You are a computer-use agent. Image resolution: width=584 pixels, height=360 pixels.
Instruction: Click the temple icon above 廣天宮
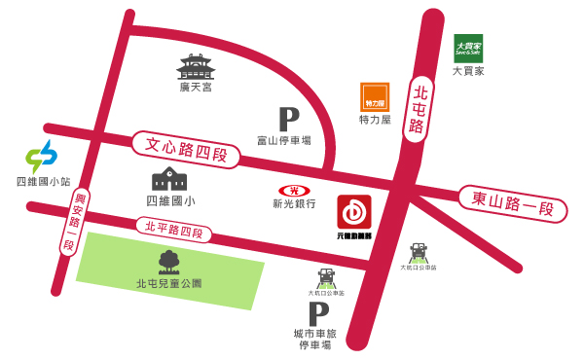tap(195, 66)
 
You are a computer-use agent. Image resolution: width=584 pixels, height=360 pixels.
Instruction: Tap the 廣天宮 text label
tap(195, 88)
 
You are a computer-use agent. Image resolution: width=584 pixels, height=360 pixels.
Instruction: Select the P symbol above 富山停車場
tap(288, 119)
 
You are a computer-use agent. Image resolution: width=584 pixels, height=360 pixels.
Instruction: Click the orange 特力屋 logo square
tap(375, 96)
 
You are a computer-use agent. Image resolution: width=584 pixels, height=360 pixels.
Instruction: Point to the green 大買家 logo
tap(468, 49)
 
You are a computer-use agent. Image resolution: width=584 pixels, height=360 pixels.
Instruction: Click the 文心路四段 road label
tap(185, 152)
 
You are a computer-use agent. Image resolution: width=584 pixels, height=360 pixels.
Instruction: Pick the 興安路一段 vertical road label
tap(66, 222)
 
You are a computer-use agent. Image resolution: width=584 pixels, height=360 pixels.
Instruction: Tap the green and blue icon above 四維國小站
tap(41, 157)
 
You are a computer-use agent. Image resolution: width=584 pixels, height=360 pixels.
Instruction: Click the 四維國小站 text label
tap(44, 181)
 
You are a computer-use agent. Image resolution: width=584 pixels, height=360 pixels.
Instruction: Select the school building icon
tap(169, 178)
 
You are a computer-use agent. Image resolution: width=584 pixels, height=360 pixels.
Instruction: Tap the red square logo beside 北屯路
tap(354, 212)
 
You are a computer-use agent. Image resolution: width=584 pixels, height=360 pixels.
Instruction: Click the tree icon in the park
tap(168, 261)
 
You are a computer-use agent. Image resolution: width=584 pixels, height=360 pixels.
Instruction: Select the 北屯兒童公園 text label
tap(168, 283)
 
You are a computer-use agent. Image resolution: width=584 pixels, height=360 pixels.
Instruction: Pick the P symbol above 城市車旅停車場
tap(317, 314)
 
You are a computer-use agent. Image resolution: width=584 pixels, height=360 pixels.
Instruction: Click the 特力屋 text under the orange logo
tap(375, 120)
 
